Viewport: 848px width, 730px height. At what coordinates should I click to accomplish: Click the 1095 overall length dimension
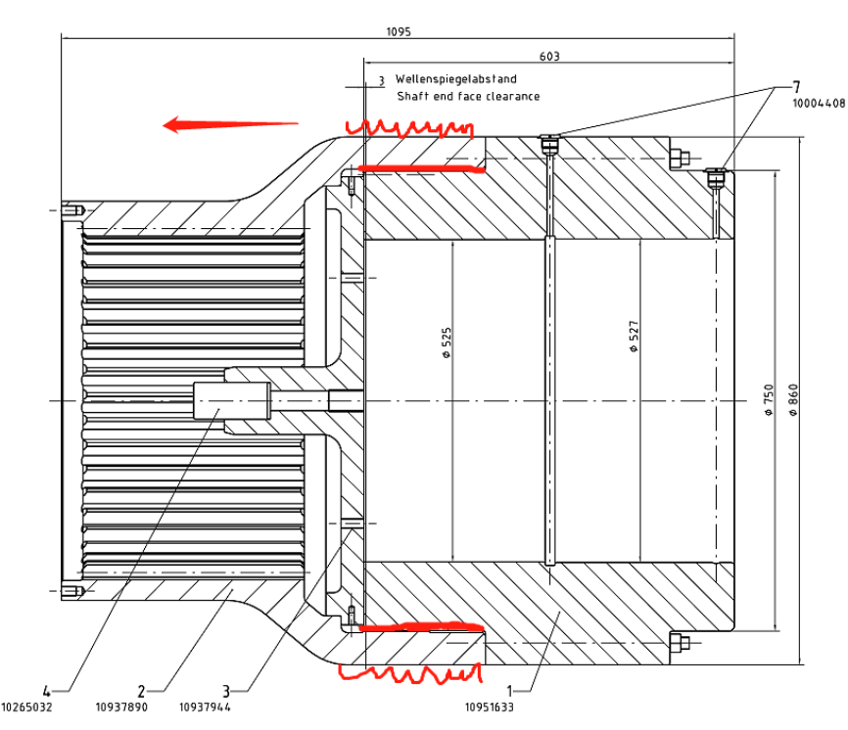point(399,32)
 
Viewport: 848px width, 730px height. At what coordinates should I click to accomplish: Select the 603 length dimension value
point(549,56)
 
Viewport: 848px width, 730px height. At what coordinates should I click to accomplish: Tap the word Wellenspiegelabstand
point(456,79)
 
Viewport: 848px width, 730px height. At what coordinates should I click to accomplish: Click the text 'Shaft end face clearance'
point(468,96)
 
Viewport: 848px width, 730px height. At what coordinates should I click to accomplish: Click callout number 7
point(796,87)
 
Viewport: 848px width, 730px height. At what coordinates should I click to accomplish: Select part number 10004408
point(819,103)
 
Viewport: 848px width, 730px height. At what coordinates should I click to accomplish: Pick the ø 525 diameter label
point(447,342)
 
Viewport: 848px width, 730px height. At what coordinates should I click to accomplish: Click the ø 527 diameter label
point(634,337)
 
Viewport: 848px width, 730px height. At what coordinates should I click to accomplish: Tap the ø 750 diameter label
point(769,400)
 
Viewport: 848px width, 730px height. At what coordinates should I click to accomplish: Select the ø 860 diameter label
point(793,400)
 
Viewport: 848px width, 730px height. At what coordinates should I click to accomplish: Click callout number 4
point(46,691)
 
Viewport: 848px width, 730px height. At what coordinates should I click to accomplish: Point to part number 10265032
point(26,707)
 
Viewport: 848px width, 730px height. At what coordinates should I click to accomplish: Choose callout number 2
point(141,691)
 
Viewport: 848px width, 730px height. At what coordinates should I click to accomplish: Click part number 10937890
point(121,707)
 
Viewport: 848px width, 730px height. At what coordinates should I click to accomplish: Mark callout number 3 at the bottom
point(226,691)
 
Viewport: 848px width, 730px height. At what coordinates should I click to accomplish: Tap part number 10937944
point(205,707)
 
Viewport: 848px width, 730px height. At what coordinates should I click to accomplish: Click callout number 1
point(509,691)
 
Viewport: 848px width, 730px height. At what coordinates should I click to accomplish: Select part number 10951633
point(490,707)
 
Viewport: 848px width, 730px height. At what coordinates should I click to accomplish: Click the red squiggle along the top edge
point(409,128)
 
